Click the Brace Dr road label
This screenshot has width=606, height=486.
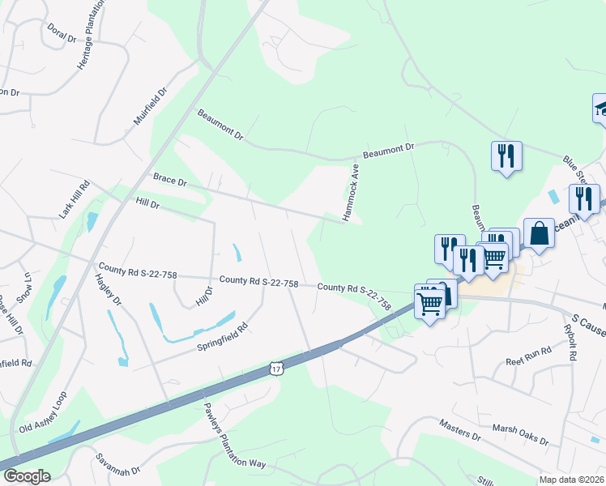(169, 179)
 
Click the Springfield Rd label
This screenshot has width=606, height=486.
(221, 338)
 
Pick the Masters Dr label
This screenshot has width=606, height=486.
(460, 430)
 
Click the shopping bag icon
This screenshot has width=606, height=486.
(539, 234)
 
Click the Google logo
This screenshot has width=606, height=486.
(27, 476)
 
